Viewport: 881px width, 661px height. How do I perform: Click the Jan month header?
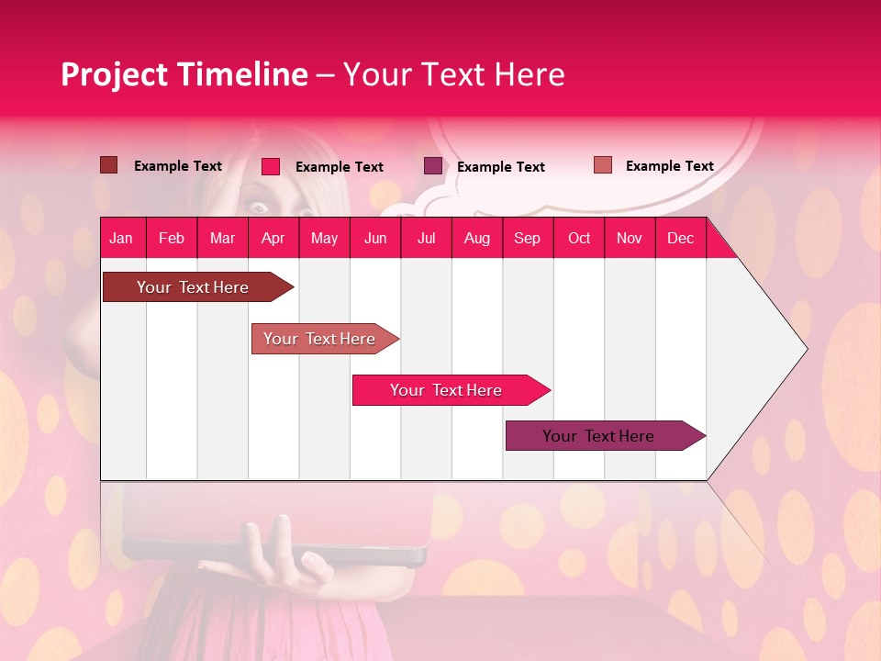click(x=121, y=238)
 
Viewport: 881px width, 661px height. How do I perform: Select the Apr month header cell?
click(x=273, y=238)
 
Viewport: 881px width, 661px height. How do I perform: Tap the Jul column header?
click(x=426, y=238)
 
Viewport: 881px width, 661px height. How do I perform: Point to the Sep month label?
click(x=527, y=238)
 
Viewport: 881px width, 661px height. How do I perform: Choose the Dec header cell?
click(x=680, y=238)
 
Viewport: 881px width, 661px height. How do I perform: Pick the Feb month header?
click(x=172, y=238)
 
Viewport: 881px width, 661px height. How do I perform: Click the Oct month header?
click(x=579, y=238)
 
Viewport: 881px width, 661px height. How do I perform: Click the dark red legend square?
click(x=108, y=165)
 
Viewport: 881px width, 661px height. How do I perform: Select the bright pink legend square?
click(x=271, y=166)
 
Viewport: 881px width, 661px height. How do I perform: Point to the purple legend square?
click(x=433, y=166)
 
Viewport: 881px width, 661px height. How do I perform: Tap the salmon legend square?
click(x=603, y=165)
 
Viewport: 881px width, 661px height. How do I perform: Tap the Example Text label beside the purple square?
click(x=501, y=167)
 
